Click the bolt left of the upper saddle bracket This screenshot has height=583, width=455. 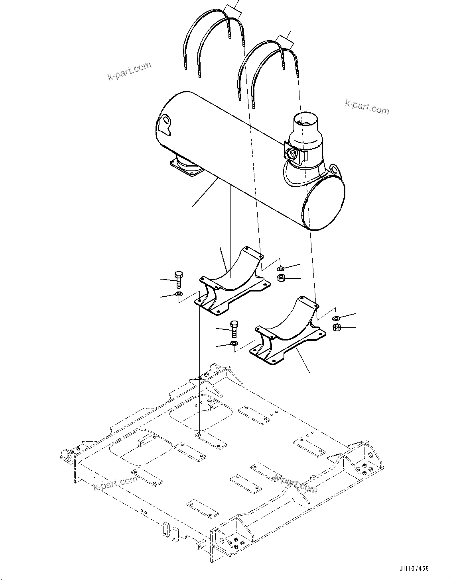click(179, 279)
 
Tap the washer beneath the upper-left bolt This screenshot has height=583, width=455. click(178, 294)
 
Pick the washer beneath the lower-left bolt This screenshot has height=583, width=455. click(234, 343)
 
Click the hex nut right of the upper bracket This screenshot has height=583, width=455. click(280, 278)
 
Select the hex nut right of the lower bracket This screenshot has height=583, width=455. click(336, 328)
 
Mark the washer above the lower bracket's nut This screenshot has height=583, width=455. click(336, 318)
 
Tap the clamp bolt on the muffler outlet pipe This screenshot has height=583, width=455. click(290, 153)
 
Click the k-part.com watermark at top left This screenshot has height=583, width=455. click(130, 71)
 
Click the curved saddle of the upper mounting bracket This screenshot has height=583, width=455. click(235, 271)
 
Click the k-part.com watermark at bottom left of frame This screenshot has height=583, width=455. click(116, 483)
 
